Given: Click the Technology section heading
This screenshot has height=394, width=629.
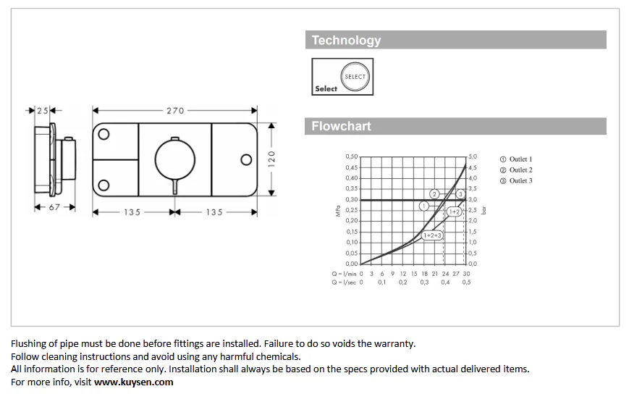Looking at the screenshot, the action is (x=346, y=40).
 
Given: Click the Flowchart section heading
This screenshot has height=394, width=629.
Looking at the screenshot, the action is (x=341, y=126).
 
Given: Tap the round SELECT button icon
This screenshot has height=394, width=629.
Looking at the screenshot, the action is (x=355, y=76).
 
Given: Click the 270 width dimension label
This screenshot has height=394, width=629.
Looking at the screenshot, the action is (x=175, y=111).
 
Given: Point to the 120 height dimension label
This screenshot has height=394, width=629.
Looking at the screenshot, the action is (x=271, y=159).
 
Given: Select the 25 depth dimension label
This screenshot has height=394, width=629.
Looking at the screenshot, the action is (x=42, y=111).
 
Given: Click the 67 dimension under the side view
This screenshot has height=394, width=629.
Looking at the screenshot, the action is (x=54, y=207).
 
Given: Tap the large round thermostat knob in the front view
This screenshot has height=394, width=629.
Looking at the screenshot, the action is (x=175, y=159).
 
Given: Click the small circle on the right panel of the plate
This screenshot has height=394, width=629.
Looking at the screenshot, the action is (x=246, y=159).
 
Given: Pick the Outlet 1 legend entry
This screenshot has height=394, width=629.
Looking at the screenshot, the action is (x=516, y=159).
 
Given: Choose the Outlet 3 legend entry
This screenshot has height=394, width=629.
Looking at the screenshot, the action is (x=516, y=180).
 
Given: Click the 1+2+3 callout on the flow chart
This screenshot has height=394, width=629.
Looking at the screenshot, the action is (x=432, y=235).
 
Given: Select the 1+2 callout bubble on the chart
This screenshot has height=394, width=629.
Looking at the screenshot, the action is (x=454, y=211).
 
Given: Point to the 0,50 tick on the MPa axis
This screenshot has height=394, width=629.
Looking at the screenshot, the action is (x=351, y=156).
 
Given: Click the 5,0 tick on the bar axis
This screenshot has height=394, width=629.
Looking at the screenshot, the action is (x=473, y=156).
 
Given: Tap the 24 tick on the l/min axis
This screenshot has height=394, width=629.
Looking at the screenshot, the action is (x=445, y=274).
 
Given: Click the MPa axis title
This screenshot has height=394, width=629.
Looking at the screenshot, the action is (x=338, y=211).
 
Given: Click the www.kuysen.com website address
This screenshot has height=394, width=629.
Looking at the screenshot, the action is (x=134, y=382).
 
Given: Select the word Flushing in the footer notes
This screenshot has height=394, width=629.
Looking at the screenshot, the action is (x=28, y=344).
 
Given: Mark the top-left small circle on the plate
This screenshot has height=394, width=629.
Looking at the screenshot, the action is (x=104, y=134).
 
